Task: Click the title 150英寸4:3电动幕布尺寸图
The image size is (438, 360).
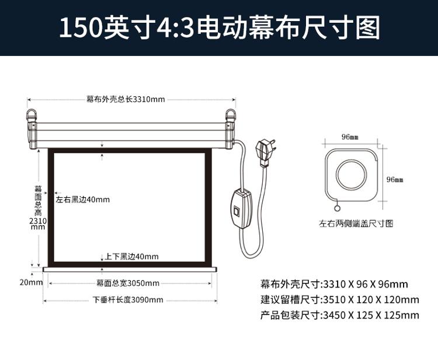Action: click(220, 27)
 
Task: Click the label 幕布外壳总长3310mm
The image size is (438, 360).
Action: click(126, 99)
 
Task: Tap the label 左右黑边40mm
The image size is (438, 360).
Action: click(83, 200)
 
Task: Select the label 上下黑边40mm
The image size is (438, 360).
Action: click(131, 257)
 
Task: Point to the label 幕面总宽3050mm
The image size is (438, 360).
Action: click(128, 283)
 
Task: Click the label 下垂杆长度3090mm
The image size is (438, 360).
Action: click(128, 300)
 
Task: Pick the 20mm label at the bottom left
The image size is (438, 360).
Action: click(31, 282)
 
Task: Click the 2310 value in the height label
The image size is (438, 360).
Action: click(38, 221)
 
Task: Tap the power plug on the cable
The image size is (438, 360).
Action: click(266, 153)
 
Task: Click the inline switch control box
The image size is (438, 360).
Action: click(242, 208)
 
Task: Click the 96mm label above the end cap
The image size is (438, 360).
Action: click(350, 137)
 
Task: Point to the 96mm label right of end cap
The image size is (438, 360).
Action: click(395, 180)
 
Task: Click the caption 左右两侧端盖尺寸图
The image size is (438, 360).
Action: click(356, 223)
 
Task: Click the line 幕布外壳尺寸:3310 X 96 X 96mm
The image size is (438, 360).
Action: click(334, 284)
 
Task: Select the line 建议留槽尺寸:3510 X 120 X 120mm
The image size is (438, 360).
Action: click(340, 300)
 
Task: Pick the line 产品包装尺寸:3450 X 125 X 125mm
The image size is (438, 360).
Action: click(340, 315)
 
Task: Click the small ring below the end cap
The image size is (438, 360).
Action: click(337, 208)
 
